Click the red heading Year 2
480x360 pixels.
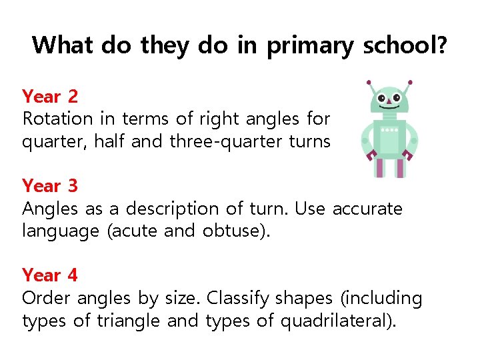point(50,97)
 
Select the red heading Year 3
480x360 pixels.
point(50,185)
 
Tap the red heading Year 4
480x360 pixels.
point(50,275)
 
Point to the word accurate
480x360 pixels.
point(367,209)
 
